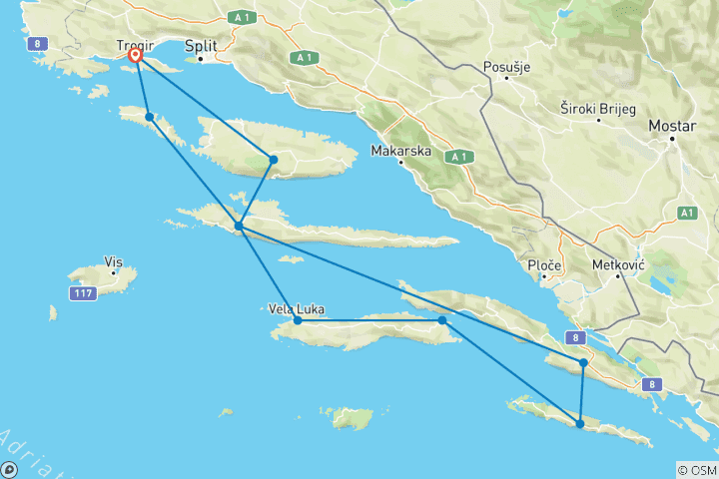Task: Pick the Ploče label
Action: [x=544, y=265]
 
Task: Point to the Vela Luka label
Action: [x=296, y=309]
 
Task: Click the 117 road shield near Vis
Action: [x=83, y=293]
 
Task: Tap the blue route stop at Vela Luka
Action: [x=298, y=320]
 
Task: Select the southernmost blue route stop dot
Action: [x=580, y=424]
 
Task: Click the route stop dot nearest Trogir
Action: [x=149, y=117]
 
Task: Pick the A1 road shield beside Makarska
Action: [x=458, y=157]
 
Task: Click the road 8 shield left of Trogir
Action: [x=36, y=42]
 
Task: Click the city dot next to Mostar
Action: [x=673, y=139]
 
